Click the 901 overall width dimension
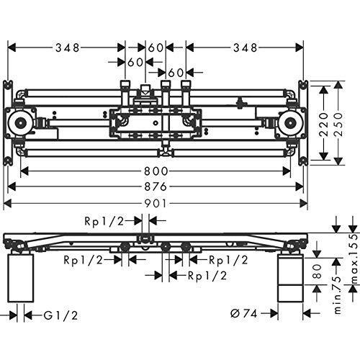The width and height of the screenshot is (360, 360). click(156, 204)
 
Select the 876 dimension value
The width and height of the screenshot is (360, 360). click(156, 186)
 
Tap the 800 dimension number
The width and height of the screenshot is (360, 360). click(156, 171)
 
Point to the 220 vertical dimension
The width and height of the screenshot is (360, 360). click(324, 125)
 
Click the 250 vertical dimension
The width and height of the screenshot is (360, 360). click(338, 125)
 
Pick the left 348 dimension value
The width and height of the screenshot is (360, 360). click(67, 48)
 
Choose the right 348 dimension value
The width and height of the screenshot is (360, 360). click(246, 48)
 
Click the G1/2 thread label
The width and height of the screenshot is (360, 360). click(60, 315)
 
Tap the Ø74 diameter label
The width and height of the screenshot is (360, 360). click(244, 313)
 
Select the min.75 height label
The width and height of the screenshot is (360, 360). click(338, 295)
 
